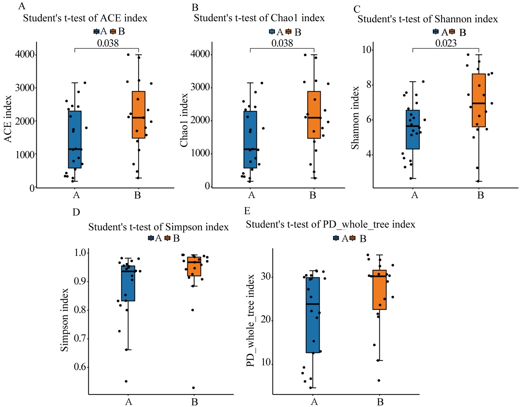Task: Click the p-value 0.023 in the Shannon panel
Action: point(446,43)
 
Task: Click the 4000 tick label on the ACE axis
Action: point(25,54)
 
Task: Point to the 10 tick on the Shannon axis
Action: point(366,50)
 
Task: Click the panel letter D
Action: point(76,212)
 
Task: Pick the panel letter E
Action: point(247,211)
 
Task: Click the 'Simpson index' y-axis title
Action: point(65,320)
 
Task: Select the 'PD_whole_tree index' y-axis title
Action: point(250,320)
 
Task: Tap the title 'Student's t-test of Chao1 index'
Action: point(259,18)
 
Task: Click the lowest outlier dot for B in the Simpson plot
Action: point(193,388)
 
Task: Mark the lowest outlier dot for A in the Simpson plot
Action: point(126,381)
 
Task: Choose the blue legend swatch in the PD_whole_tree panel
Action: point(336,238)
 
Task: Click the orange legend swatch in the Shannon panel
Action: point(452,32)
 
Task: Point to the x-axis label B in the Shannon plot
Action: point(480,195)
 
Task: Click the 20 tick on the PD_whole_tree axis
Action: point(266,320)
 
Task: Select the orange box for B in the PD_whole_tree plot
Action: point(379,290)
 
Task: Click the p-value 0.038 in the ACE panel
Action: point(108,43)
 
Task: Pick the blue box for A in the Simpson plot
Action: point(128,283)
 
